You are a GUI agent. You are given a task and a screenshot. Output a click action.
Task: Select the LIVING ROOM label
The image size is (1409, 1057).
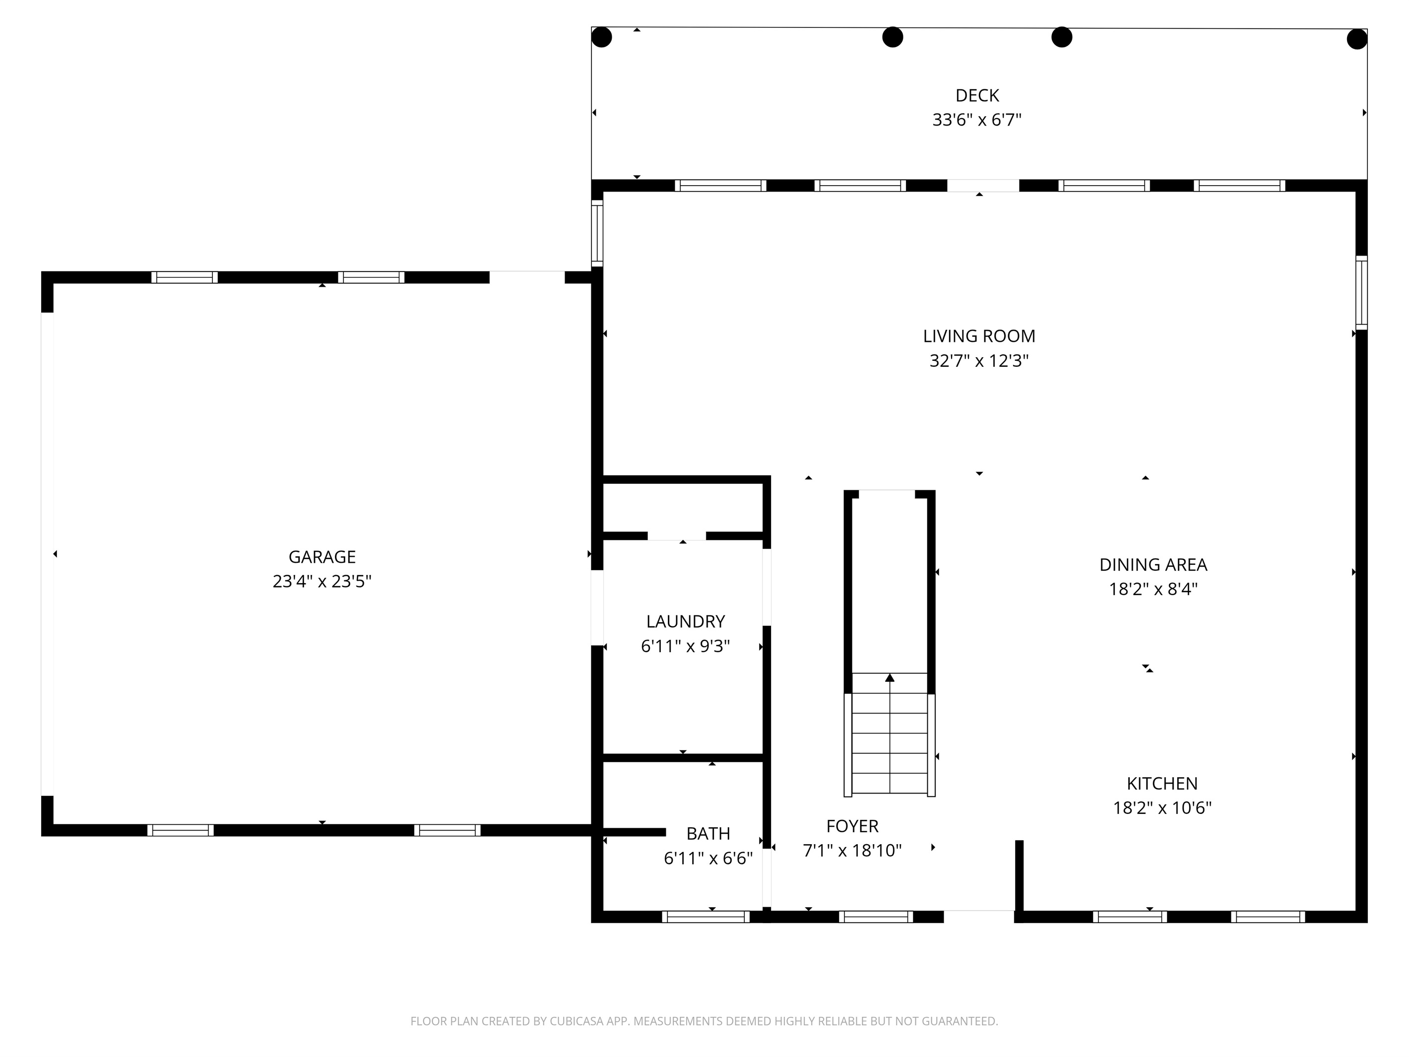click(979, 336)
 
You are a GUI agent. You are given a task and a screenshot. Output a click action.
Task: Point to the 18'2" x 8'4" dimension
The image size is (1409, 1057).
click(1153, 589)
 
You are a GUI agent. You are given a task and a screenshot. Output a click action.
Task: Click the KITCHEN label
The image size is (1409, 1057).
click(1162, 783)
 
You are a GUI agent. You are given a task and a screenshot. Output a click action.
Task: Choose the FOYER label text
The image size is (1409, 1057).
click(852, 826)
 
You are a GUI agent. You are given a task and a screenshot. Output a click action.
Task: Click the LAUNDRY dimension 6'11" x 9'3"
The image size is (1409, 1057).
click(685, 646)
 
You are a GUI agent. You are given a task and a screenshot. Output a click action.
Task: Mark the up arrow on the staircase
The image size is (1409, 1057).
click(890, 678)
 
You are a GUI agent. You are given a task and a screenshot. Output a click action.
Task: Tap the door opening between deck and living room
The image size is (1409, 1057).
click(983, 186)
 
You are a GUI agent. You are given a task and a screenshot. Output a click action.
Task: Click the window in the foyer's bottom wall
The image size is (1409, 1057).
click(876, 917)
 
